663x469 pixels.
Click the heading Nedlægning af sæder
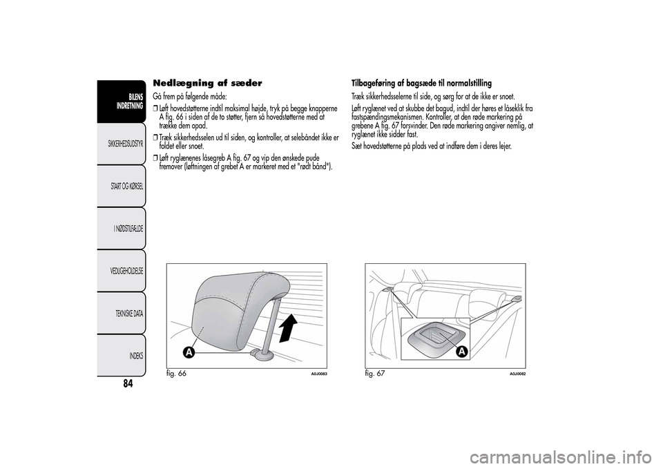pos(209,83)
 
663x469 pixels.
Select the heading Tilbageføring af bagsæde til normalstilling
pos(421,83)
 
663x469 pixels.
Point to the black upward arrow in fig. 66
pos(290,325)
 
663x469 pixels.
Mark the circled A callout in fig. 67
pos(461,352)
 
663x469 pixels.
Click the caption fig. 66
pos(177,374)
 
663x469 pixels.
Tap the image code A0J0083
pos(316,374)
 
